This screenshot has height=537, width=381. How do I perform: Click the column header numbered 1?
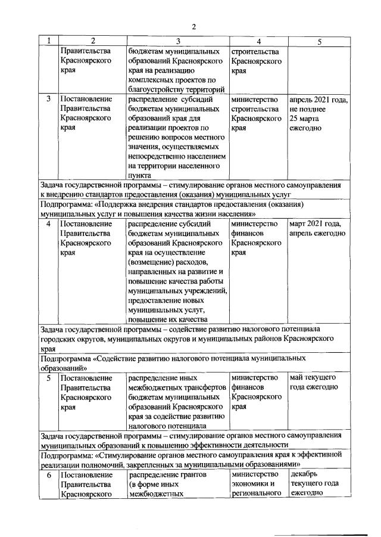pos(48,41)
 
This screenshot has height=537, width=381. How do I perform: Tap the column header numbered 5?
pos(320,41)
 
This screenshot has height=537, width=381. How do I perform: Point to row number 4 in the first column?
pos(48,224)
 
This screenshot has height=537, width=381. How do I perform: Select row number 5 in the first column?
pos(48,378)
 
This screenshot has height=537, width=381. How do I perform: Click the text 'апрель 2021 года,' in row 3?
pos(318,100)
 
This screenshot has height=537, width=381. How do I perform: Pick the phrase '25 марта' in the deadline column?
pos(305,118)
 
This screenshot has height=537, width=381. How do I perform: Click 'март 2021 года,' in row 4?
pos(315,224)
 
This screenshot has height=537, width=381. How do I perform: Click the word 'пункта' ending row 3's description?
pos(141,175)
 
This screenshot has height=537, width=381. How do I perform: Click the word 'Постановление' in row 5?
pos(86,378)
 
